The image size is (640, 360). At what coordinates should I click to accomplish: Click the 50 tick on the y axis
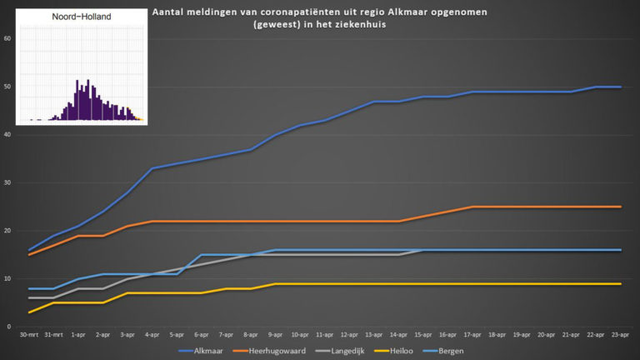(7, 87)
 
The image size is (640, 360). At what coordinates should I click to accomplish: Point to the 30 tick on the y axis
(7, 182)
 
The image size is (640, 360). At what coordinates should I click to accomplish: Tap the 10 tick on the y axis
(7, 279)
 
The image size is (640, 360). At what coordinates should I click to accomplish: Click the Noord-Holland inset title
(81, 16)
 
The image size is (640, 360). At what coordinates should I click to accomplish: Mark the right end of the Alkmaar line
(621, 87)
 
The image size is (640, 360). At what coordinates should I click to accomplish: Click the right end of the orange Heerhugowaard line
(621, 207)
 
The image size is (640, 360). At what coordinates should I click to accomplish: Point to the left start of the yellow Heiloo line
(29, 312)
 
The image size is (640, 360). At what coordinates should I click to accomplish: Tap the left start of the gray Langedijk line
(29, 298)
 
